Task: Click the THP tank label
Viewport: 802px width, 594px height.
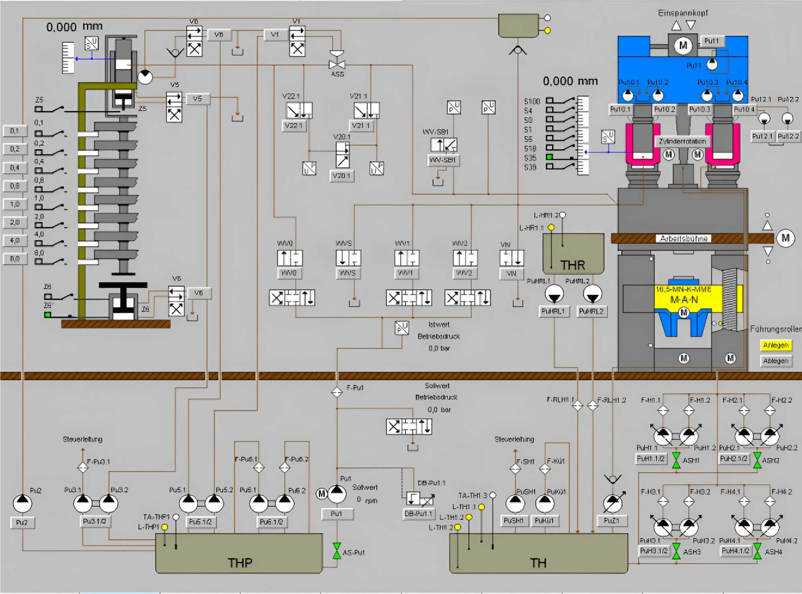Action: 240,563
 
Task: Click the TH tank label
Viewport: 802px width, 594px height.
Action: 538,563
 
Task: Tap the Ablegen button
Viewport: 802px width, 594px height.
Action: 776,361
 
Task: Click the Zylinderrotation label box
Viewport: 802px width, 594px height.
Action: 683,142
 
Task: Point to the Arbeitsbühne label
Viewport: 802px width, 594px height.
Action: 683,239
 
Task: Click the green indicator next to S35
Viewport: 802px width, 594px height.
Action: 549,157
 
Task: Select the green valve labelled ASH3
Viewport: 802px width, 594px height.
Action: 676,551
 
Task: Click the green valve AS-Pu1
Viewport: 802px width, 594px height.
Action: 337,551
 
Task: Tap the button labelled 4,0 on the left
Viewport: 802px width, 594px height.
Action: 15,241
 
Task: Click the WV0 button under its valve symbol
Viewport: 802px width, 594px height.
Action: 289,273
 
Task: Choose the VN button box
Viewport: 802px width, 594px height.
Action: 511,274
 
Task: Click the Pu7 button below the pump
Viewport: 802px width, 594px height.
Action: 22,523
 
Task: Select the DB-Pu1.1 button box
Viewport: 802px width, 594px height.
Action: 419,514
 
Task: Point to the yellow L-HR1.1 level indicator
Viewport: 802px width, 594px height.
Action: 551,227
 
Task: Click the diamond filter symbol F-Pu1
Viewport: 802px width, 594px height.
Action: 337,392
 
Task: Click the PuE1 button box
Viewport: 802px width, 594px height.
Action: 611,521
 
